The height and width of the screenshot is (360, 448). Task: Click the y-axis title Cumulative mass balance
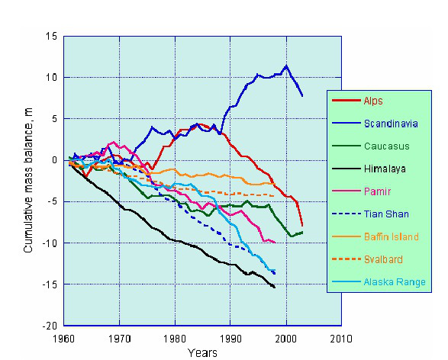click(x=28, y=180)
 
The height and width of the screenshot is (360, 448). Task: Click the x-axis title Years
click(x=204, y=352)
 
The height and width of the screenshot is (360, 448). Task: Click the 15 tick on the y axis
click(x=51, y=36)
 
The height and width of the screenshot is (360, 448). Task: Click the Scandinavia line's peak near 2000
click(x=286, y=66)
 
